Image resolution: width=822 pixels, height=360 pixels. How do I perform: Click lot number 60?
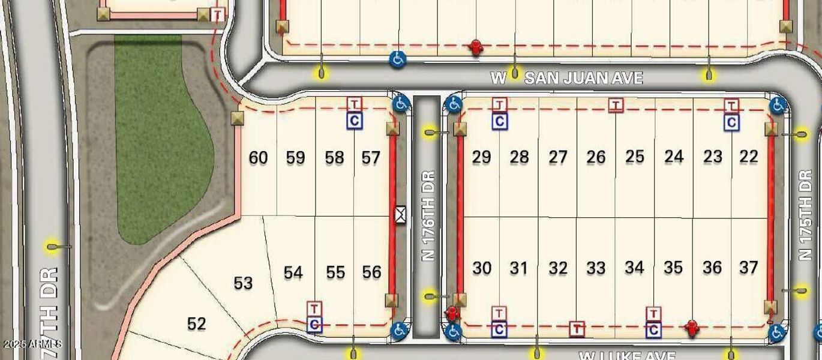point(258,158)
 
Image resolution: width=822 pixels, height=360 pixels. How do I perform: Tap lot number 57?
point(371,158)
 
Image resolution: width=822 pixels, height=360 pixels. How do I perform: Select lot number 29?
point(481,157)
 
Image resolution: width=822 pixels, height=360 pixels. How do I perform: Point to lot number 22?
point(749,157)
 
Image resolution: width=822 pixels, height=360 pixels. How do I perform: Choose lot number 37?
point(748,267)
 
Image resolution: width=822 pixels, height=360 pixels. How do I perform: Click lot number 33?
point(596,268)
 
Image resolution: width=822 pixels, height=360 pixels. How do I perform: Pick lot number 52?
point(196,324)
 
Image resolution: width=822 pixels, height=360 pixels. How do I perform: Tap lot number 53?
point(243,283)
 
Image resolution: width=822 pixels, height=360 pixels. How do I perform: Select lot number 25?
point(634,157)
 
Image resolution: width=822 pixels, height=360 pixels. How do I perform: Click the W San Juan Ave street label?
point(566,78)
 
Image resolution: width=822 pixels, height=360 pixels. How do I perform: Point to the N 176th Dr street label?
point(428,217)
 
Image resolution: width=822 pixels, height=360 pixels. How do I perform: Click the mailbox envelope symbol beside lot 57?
point(400,214)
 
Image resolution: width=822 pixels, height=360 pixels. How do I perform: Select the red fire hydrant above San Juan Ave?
point(476,47)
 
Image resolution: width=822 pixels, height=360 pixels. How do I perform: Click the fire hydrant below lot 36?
point(692,327)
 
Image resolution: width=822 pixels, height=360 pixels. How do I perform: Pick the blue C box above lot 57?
point(355,121)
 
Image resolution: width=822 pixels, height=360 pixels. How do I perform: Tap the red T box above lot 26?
point(615,106)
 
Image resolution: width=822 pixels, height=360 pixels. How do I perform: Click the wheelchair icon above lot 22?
point(778,105)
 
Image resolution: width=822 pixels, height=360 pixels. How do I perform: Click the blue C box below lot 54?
point(314,325)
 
